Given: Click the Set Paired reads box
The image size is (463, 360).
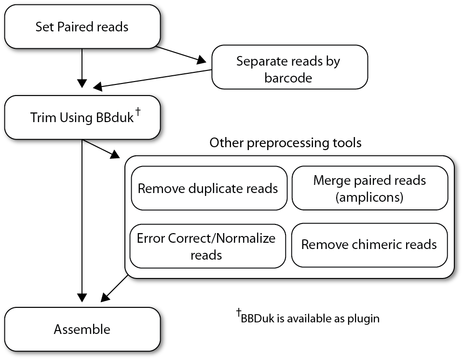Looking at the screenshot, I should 82,27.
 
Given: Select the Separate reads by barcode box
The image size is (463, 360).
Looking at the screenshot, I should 289,68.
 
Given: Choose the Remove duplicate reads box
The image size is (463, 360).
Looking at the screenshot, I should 208,188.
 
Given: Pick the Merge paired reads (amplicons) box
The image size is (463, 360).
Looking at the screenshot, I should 370,188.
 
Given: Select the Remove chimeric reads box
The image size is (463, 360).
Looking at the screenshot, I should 369,245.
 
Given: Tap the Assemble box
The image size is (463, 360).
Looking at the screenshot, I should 82,330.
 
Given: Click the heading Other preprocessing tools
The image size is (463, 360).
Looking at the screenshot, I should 285,143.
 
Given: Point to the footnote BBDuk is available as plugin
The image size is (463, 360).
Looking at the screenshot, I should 310,318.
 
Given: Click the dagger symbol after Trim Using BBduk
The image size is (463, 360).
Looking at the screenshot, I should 138,112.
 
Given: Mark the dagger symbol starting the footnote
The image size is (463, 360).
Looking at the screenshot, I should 238,314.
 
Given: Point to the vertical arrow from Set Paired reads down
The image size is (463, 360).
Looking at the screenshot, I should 82,70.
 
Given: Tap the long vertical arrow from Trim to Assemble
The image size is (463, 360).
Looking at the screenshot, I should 82,222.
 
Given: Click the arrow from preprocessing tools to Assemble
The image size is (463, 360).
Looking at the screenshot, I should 113,290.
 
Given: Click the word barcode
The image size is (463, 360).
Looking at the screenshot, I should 288,77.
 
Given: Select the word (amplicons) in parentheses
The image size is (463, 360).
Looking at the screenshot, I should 370,197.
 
